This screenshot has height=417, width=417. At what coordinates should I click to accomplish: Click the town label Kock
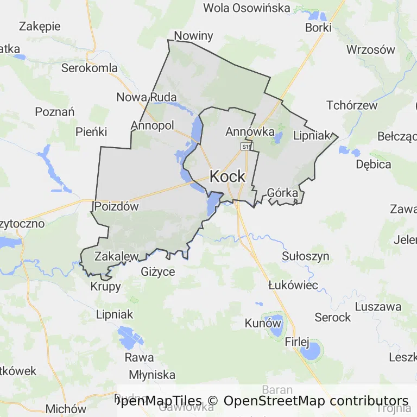pos(228,176)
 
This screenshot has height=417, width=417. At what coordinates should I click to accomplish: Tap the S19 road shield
pos(247,147)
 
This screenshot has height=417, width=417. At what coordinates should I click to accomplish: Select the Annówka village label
pos(250,131)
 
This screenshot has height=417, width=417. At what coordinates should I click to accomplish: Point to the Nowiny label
pos(193,36)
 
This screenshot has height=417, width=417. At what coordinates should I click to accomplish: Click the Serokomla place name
pos(90,68)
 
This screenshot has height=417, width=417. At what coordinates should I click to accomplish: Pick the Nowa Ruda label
pos(147,97)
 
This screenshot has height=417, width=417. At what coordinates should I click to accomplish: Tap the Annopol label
pos(152,125)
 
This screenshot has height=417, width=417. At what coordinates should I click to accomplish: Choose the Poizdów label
pos(116,206)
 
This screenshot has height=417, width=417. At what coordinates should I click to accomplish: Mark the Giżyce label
pos(158,271)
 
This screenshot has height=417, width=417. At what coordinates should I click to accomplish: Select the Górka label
pos(282,193)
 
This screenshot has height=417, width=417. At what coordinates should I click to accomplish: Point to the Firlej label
pos(297,342)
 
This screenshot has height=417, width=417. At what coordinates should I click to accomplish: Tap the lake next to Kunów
pos(276,326)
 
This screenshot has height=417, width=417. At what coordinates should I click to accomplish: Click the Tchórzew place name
pos(352,105)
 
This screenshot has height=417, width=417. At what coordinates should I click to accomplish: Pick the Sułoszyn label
pos(306,256)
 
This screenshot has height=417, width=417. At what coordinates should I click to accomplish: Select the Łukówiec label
pos(293,285)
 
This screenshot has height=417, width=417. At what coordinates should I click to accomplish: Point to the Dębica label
pos(374,164)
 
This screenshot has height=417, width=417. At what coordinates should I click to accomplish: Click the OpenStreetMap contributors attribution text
pos(315,401)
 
